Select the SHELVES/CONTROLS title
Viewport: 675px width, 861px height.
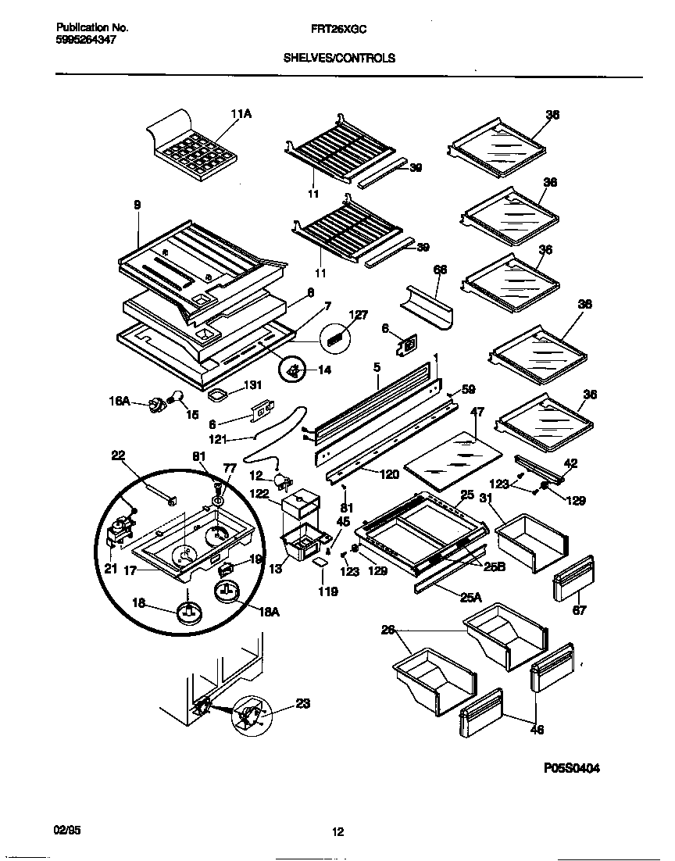[x=338, y=58]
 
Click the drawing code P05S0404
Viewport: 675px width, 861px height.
[x=572, y=768]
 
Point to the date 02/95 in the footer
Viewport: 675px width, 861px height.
[x=68, y=831]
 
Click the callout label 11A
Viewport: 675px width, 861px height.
[x=241, y=114]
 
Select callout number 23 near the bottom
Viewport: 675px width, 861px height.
[x=303, y=704]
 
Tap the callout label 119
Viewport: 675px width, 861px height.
[x=327, y=591]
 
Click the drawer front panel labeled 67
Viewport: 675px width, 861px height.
[x=573, y=581]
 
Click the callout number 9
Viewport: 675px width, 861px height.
[x=137, y=205]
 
